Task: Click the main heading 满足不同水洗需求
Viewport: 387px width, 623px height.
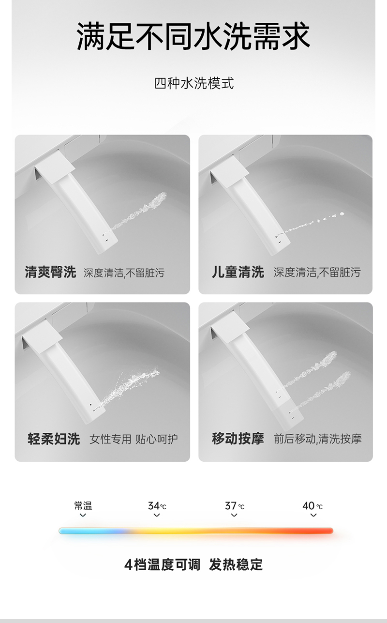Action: tap(193, 36)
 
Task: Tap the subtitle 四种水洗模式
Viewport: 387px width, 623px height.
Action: tap(194, 83)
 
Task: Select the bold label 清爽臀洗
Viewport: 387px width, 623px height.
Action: tap(50, 272)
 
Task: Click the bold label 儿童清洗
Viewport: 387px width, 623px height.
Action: tap(238, 272)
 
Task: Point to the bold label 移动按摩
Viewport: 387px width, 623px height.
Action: tap(238, 439)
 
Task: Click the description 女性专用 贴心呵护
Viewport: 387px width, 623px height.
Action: tap(134, 439)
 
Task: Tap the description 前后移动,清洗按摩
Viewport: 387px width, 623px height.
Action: tap(317, 439)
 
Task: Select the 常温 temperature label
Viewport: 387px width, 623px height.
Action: tap(83, 506)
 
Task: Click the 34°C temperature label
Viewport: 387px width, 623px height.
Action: tap(157, 506)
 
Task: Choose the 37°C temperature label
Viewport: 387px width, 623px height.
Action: tap(234, 506)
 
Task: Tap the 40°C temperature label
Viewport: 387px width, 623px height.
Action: tap(313, 506)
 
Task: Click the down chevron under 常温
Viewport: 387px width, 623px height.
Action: tap(83, 515)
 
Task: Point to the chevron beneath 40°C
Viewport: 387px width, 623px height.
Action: tap(313, 515)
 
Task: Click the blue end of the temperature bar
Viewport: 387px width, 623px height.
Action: tap(62, 531)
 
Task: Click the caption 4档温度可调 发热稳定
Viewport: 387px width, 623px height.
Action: tap(193, 564)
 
